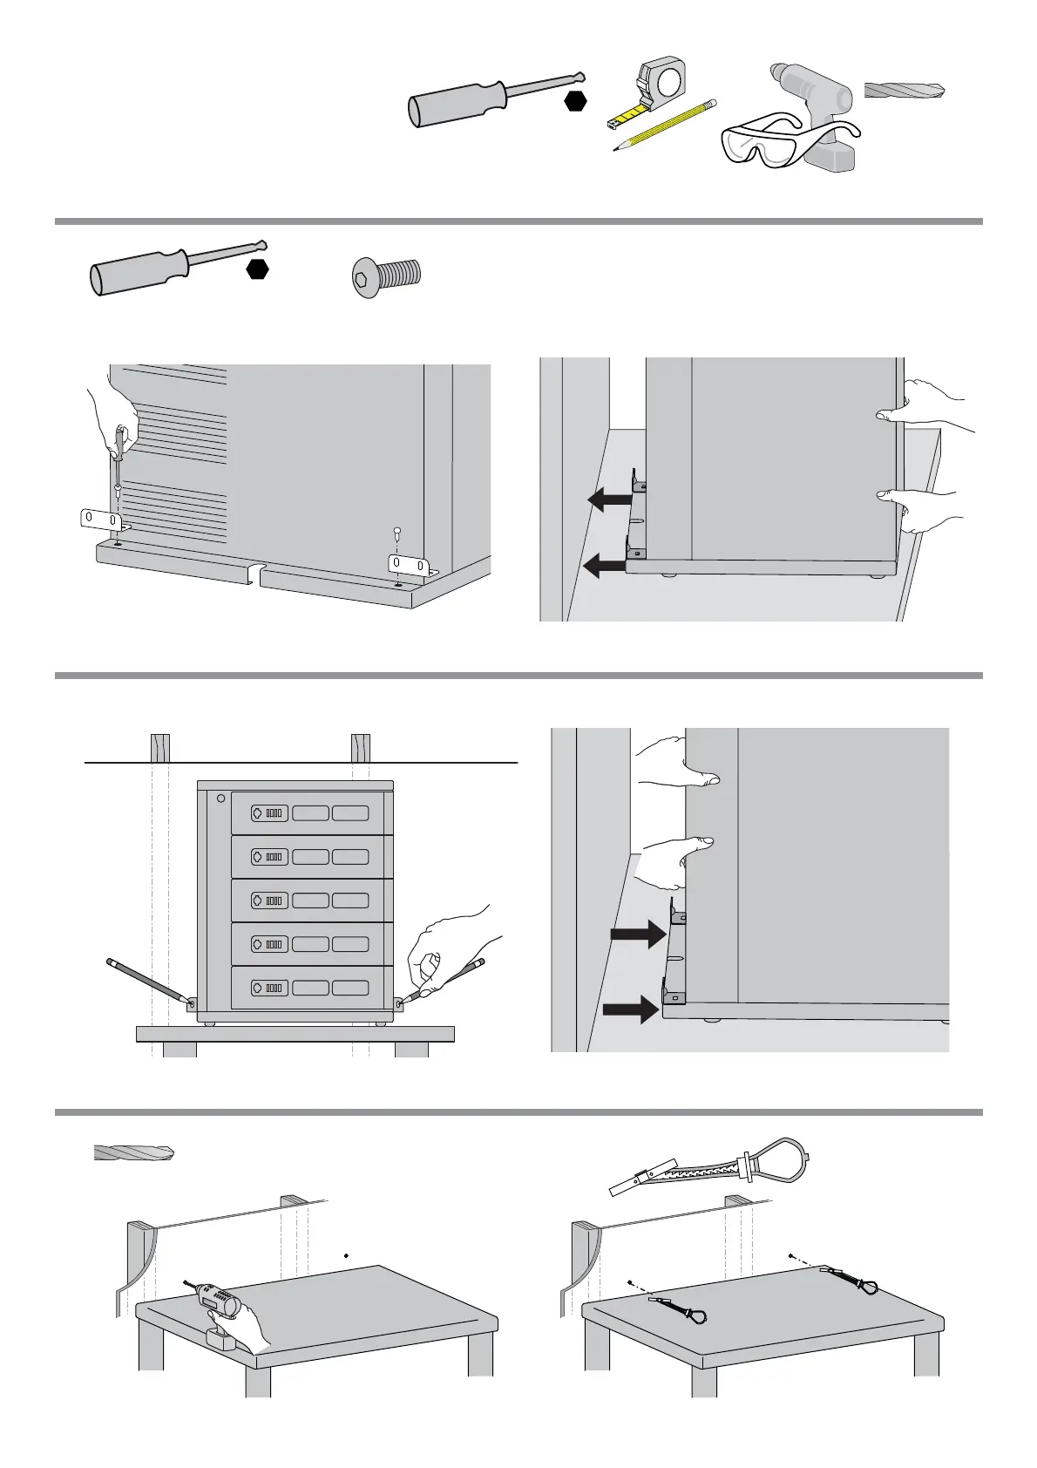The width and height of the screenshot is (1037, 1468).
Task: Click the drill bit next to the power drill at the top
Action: (905, 90)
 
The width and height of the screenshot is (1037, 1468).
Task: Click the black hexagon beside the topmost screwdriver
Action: (574, 101)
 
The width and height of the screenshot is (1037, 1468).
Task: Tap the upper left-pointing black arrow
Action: (610, 500)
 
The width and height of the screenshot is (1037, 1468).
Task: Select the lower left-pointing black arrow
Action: (603, 567)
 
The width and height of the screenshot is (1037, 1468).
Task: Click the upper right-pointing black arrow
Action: (638, 935)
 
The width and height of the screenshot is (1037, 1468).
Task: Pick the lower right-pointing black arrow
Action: (631, 1009)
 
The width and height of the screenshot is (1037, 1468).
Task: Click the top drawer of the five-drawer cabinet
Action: (310, 813)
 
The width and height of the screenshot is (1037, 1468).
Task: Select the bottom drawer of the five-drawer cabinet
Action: (310, 988)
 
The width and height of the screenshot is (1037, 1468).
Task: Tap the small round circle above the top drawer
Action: (221, 798)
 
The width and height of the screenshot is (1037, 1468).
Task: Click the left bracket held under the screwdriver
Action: (98, 520)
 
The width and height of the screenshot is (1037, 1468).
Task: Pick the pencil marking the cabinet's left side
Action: (148, 982)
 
